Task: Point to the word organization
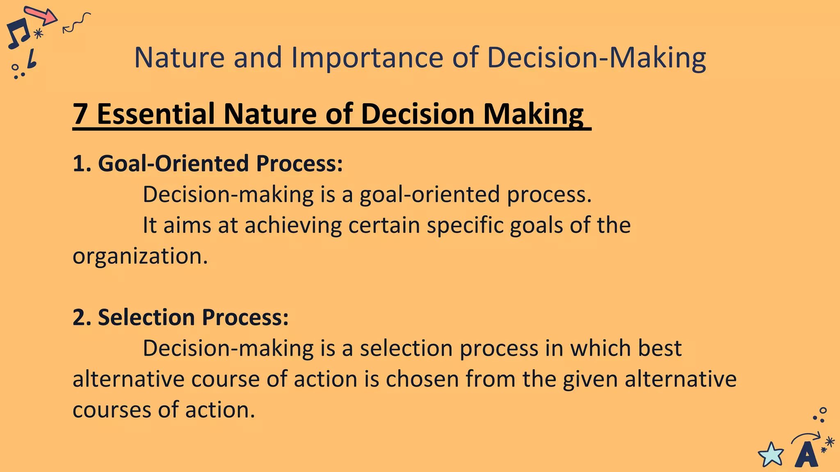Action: pyautogui.click(x=140, y=256)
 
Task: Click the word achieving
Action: pyautogui.click(x=293, y=226)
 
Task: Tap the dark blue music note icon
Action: pyautogui.click(x=18, y=33)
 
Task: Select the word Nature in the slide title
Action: pyautogui.click(x=180, y=58)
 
